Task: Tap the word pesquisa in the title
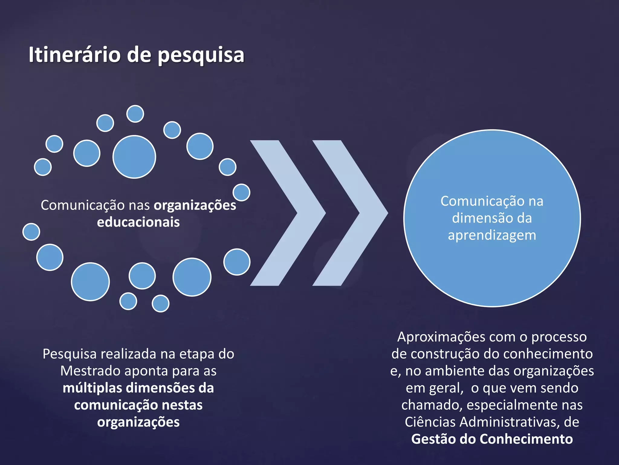point(201,56)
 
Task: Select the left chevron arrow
point(287,213)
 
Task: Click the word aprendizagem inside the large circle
point(492,236)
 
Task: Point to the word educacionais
point(138,222)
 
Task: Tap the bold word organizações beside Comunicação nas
point(195,206)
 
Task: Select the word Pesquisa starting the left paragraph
point(70,354)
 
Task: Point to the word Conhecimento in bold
point(526,439)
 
